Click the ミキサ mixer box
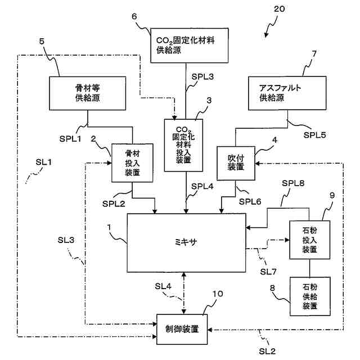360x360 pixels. point(186,243)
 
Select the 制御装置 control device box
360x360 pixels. point(182,329)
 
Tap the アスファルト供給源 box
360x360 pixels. point(287,93)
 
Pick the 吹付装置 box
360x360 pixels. point(236,163)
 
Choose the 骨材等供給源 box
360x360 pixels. point(88,93)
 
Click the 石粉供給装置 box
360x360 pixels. point(310,296)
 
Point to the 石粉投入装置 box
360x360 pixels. point(310,240)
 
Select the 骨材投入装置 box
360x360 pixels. point(132,163)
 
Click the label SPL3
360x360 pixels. point(202,76)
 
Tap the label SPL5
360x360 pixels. point(314,135)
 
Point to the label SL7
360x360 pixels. point(268,272)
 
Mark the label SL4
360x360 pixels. point(163,286)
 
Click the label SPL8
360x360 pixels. point(293,183)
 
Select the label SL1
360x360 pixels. point(44,163)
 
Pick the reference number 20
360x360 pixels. point(280,9)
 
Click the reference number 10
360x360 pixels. point(218,294)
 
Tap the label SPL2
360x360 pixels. point(114,204)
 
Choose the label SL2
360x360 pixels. point(267,351)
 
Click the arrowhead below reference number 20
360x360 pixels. point(266,35)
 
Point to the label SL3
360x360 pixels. point(66,240)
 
